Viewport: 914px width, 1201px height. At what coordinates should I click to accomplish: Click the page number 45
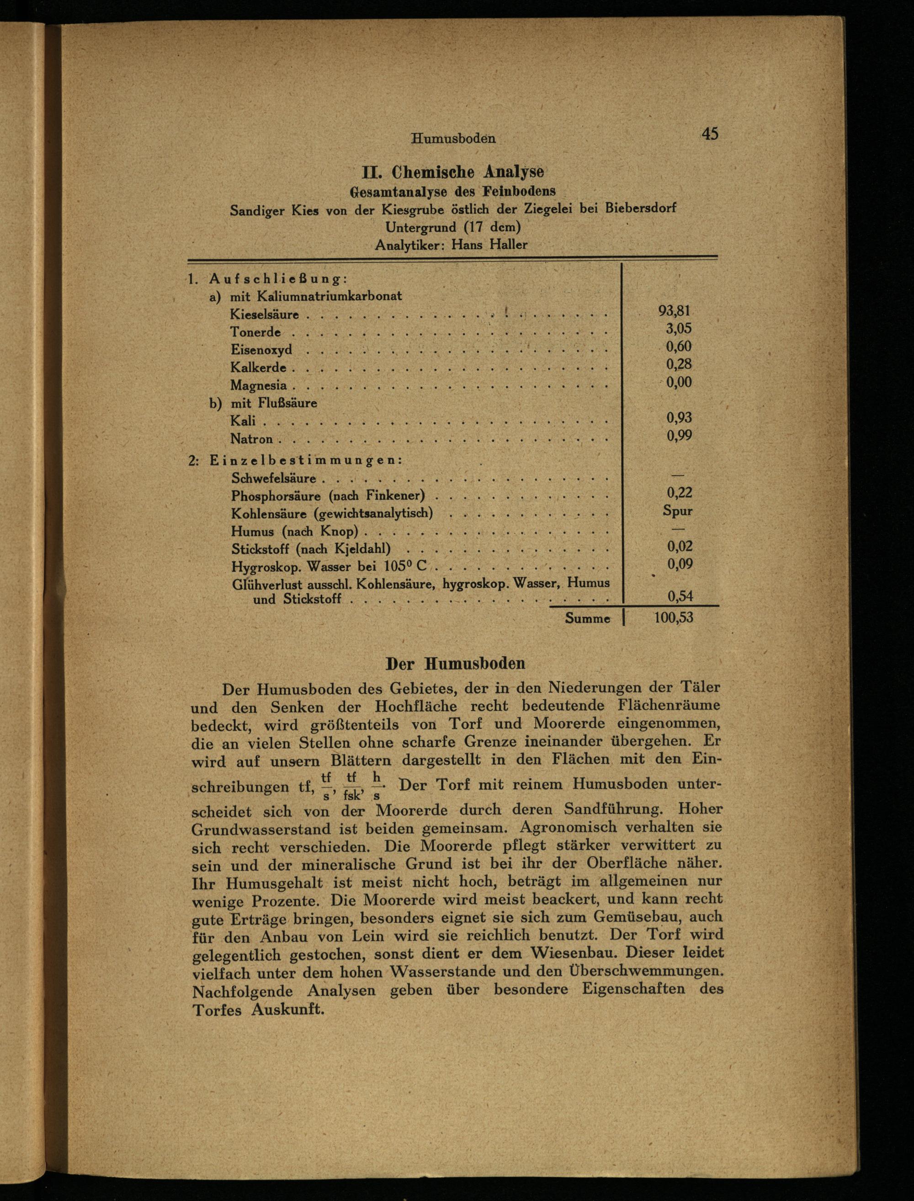(710, 134)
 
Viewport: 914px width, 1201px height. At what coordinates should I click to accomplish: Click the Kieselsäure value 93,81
(674, 311)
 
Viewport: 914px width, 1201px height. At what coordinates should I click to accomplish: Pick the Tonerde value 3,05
(679, 329)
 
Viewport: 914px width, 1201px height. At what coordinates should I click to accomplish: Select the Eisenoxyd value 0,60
(679, 347)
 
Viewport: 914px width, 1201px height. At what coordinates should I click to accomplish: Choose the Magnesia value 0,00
(679, 382)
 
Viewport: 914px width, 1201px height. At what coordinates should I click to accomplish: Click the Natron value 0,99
(679, 435)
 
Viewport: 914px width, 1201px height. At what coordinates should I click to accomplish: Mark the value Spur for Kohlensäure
(677, 511)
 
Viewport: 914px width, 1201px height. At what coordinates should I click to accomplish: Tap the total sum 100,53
(674, 617)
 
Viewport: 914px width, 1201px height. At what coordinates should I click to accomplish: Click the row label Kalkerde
(258, 368)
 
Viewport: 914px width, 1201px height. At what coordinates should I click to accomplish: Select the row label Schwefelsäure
(274, 478)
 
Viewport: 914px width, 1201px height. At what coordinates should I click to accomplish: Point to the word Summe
(587, 618)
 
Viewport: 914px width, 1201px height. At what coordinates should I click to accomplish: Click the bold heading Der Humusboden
(455, 664)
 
